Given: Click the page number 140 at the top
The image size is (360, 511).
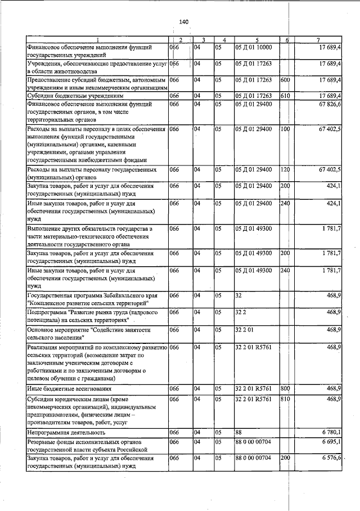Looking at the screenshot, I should (x=183, y=22).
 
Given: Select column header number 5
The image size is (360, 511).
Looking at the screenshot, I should (x=256, y=40).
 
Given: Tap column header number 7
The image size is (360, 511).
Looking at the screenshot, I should (x=318, y=40).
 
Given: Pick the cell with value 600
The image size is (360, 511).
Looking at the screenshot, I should (x=285, y=80).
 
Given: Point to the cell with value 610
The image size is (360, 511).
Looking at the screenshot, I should (x=285, y=96).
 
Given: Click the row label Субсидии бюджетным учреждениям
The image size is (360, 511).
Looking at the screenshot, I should (x=62, y=96).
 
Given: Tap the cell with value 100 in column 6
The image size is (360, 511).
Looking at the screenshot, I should (x=285, y=129).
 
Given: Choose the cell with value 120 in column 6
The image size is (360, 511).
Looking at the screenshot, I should (x=285, y=169).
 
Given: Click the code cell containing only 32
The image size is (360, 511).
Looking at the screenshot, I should (x=239, y=295).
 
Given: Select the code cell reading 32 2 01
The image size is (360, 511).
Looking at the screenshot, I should (x=245, y=329).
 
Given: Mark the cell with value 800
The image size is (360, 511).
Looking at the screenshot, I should (x=285, y=388).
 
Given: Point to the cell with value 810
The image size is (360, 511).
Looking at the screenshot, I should (x=285, y=398).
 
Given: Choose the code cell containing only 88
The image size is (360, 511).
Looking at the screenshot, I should (x=239, y=432).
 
